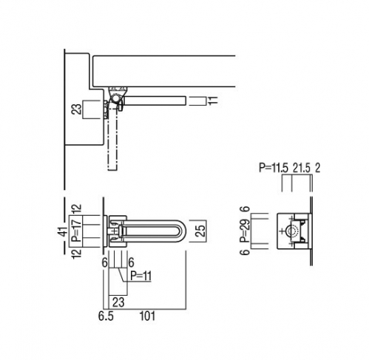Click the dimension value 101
pyautogui.click(x=148, y=316)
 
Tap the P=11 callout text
pyautogui.click(x=141, y=276)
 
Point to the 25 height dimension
pyautogui.click(x=201, y=231)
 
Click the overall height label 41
pyautogui.click(x=64, y=232)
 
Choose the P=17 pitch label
pyautogui.click(x=78, y=231)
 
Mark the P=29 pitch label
pyautogui.click(x=245, y=231)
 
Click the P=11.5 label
pyautogui.click(x=274, y=168)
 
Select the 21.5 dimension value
pyautogui.click(x=302, y=168)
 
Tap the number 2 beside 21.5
pyautogui.click(x=317, y=168)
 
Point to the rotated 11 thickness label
pyautogui.click(x=214, y=101)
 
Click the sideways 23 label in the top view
pyautogui.click(x=77, y=109)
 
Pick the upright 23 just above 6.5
pyautogui.click(x=118, y=302)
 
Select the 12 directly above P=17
pyautogui.click(x=78, y=208)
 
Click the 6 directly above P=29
pyautogui.click(x=245, y=209)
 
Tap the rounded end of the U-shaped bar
pyautogui.click(x=182, y=231)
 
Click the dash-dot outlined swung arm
pyautogui.click(x=112, y=138)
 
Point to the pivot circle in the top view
pyautogui.click(x=115, y=98)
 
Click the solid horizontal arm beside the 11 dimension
pyautogui.click(x=155, y=101)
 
